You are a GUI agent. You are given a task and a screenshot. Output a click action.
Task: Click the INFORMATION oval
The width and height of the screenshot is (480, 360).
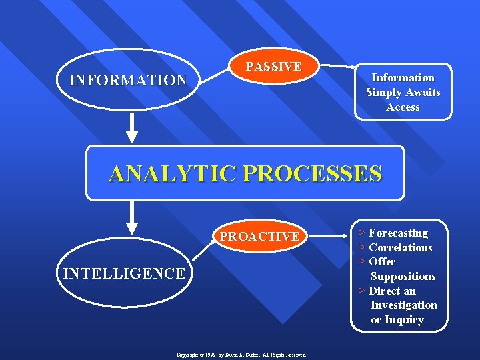(x=128, y=81)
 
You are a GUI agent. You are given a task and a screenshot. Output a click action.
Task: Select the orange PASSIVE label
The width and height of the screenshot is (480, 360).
(x=273, y=67)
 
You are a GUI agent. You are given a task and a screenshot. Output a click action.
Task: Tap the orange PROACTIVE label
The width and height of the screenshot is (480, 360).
(x=260, y=237)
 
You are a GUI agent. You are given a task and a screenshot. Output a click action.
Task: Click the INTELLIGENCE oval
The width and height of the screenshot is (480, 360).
(x=123, y=273)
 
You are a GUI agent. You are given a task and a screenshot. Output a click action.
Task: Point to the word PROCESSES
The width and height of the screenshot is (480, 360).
(x=313, y=174)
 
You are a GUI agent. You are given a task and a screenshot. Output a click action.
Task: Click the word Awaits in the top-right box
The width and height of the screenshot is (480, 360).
(x=423, y=92)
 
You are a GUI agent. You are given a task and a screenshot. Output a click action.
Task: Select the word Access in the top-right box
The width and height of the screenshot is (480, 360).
(x=403, y=107)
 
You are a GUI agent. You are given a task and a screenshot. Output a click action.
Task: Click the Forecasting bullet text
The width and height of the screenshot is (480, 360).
(x=398, y=233)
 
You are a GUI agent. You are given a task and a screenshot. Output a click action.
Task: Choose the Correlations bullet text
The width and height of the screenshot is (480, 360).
(x=400, y=247)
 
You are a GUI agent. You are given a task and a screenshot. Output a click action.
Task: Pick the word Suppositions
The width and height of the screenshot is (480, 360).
(x=403, y=276)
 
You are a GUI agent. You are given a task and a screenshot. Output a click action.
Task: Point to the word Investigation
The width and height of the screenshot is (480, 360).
(x=403, y=305)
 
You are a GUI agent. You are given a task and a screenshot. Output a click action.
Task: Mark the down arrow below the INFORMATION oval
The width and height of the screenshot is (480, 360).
(x=132, y=127)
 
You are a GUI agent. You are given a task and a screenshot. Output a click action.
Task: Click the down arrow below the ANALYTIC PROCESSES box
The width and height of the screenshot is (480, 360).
(x=132, y=217)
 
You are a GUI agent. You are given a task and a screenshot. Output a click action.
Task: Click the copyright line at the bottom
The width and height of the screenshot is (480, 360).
(x=241, y=355)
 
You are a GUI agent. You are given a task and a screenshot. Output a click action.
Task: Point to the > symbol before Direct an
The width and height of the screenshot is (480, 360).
(x=361, y=291)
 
